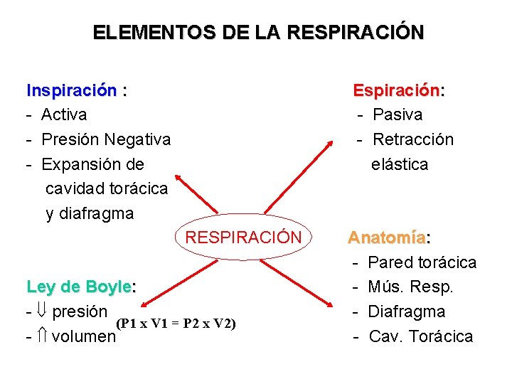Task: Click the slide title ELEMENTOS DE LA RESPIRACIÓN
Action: (258, 33)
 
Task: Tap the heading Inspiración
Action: (72, 90)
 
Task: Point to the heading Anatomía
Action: (387, 238)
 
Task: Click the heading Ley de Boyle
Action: (79, 287)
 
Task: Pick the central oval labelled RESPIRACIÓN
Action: (243, 237)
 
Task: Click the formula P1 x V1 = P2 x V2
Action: (175, 324)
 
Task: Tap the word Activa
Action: (64, 114)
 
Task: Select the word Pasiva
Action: (398, 114)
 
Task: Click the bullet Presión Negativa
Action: (106, 139)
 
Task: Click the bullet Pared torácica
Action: (422, 262)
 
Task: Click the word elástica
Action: (400, 164)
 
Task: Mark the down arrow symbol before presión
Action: (42, 312)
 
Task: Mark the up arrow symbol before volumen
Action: (42, 336)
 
